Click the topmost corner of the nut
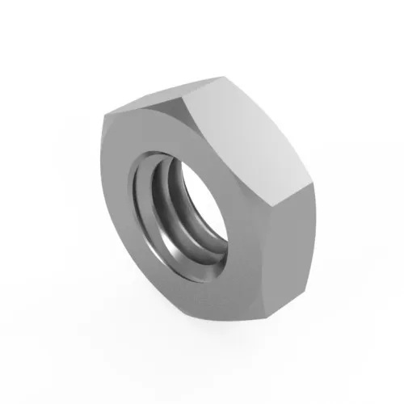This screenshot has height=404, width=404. [222, 78]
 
